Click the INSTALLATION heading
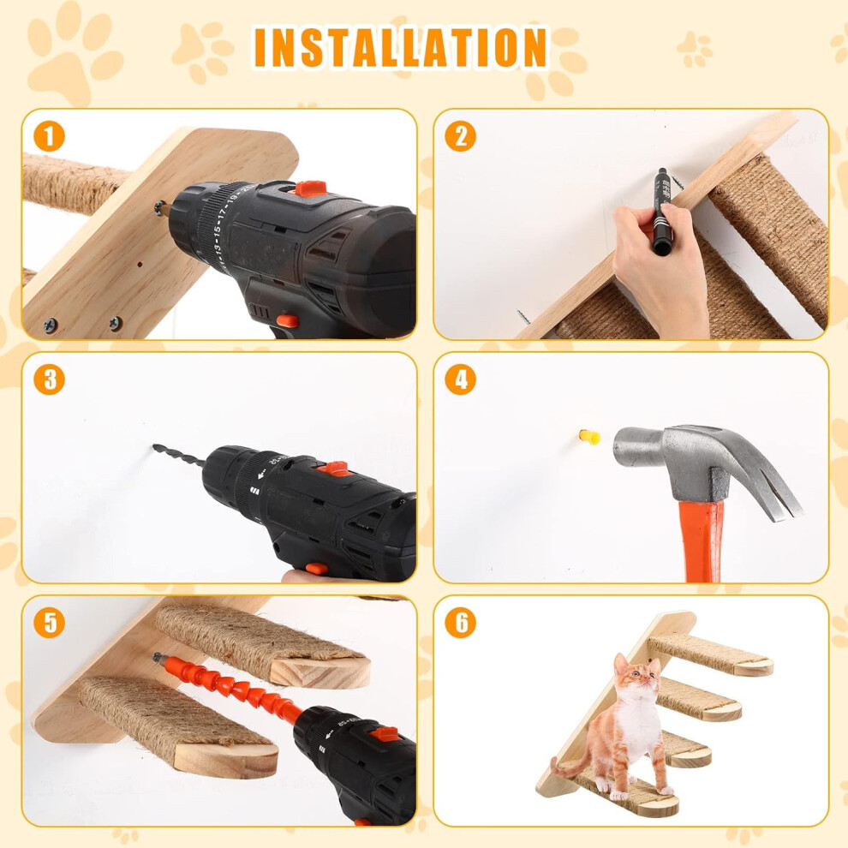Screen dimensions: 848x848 point(400,48)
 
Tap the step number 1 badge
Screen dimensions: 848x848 point(49,135)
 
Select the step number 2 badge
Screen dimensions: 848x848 point(460,135)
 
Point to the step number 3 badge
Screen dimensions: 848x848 point(49,379)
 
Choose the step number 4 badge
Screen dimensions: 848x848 point(460,379)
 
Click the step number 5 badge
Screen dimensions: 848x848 point(49,623)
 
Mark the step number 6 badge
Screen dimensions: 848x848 point(460,623)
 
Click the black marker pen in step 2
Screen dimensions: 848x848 point(662,212)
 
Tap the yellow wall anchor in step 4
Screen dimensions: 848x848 point(589,436)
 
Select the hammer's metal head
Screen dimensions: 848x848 point(703,463)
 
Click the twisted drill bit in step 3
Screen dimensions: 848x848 point(178,455)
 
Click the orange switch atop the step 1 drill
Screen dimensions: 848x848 point(310,188)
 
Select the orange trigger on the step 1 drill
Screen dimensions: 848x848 point(287,321)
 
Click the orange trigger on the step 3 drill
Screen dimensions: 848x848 point(316,569)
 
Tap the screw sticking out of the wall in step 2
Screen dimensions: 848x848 point(523,316)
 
